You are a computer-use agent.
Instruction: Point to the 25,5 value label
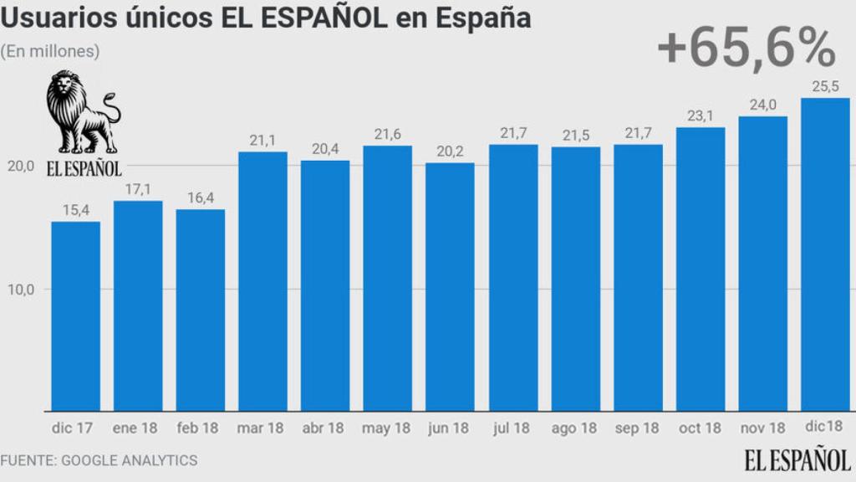coord(825,85)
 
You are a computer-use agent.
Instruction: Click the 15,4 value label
coord(75,210)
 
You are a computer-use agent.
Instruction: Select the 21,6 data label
coord(387,134)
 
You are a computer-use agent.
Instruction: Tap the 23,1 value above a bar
coord(700,115)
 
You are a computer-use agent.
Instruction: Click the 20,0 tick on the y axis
coord(20,166)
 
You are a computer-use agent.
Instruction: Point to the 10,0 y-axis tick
coord(20,290)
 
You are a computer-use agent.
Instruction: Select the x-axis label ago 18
coord(574,428)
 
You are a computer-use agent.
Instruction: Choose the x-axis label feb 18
coord(198,428)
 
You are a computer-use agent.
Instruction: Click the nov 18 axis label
coord(762,428)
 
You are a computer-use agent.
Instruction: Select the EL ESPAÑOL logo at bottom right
coord(798,459)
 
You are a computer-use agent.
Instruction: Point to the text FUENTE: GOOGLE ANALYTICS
coord(99,460)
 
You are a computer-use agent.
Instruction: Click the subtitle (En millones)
coord(50,51)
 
